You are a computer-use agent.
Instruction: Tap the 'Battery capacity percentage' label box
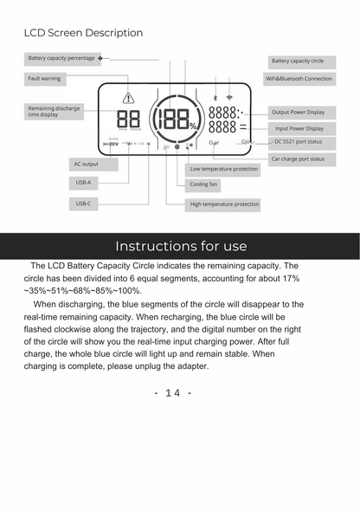pyautogui.click(x=61, y=59)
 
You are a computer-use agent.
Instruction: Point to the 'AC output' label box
pyautogui.click(x=84, y=164)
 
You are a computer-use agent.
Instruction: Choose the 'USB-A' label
pyautogui.click(x=84, y=184)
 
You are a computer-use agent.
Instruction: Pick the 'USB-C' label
pyautogui.click(x=84, y=204)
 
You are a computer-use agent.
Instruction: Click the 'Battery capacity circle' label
pyautogui.click(x=298, y=61)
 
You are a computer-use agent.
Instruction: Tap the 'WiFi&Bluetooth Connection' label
pyautogui.click(x=299, y=79)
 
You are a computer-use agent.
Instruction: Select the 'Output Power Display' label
pyautogui.click(x=298, y=113)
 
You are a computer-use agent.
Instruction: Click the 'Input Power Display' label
pyautogui.click(x=299, y=128)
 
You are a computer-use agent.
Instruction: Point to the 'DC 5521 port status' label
pyautogui.click(x=299, y=141)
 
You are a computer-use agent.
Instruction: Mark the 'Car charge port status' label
pyautogui.click(x=299, y=159)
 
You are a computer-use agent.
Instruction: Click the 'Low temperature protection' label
pyautogui.click(x=223, y=169)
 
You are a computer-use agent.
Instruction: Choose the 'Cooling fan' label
pyautogui.click(x=203, y=184)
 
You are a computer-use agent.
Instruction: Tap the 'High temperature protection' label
pyautogui.click(x=223, y=204)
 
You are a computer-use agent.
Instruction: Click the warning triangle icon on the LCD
pyautogui.click(x=129, y=98)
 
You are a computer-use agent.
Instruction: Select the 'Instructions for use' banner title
pyautogui.click(x=180, y=246)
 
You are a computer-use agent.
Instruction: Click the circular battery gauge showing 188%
pyautogui.click(x=177, y=120)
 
